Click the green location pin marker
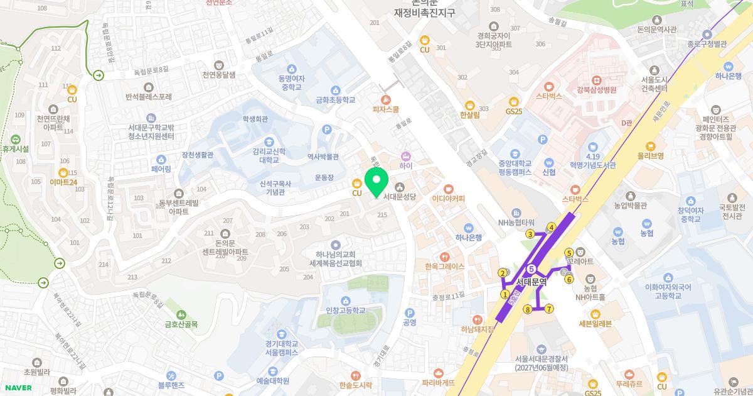tap(376, 182)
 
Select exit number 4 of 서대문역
tap(552, 227)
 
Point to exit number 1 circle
tap(505, 294)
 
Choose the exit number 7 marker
tap(549, 309)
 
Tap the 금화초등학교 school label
tap(335, 99)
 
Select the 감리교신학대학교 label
tap(269, 156)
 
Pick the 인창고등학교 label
tap(344, 310)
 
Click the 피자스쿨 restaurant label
tap(385, 109)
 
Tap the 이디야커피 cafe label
tap(448, 199)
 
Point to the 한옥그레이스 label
tap(444, 266)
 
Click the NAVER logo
tap(17, 387)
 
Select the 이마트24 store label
tap(63, 182)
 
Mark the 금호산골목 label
tap(181, 324)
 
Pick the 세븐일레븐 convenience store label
tap(595, 324)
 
